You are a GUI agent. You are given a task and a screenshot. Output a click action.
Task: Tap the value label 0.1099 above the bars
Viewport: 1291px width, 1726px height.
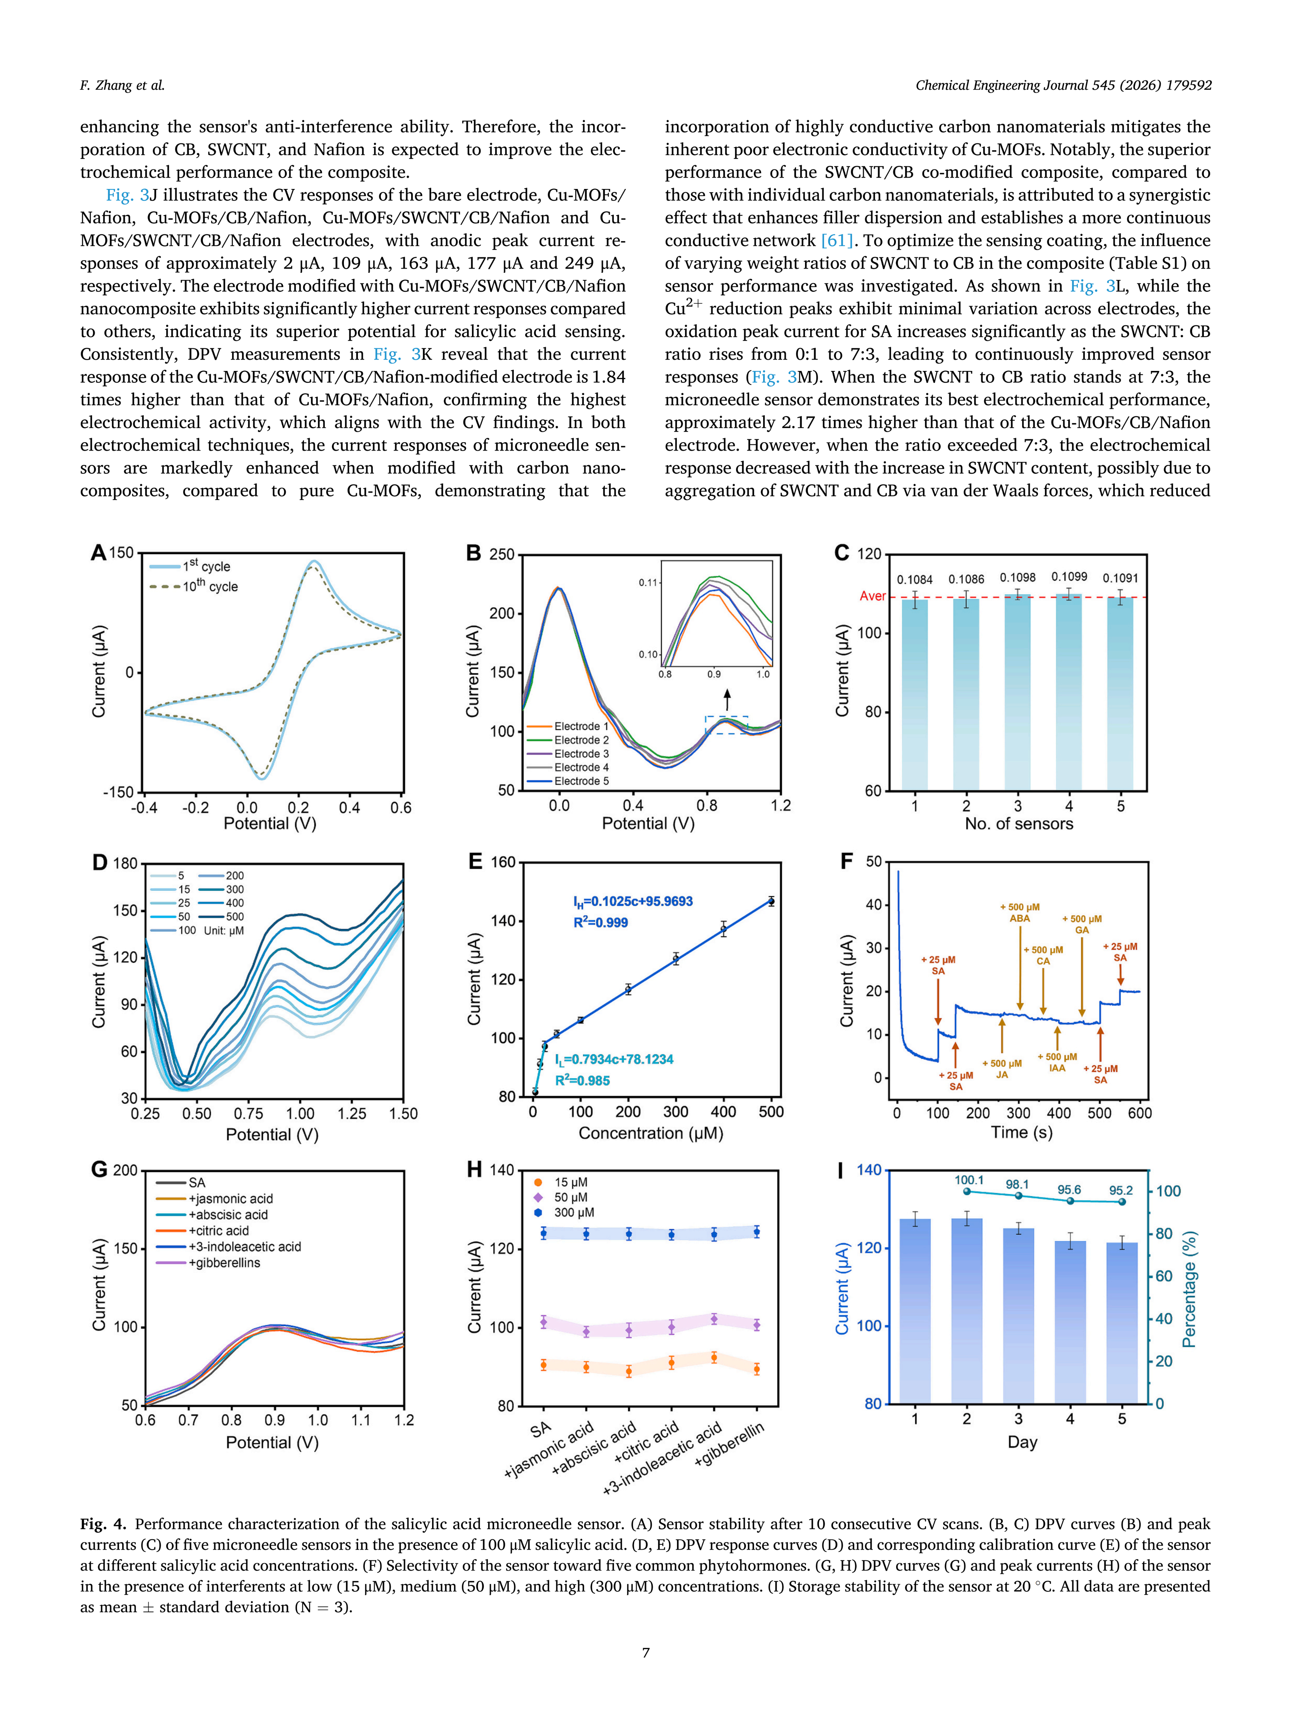pos(1069,577)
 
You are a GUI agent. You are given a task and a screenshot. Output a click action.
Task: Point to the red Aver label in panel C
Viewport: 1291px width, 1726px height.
pos(872,596)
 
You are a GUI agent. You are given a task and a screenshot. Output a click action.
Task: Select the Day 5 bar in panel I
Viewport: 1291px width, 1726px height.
pos(1122,1322)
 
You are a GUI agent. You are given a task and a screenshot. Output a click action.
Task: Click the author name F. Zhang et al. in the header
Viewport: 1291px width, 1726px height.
pos(122,85)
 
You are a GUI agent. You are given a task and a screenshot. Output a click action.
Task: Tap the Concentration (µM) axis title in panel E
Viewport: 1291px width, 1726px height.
pos(651,1133)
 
